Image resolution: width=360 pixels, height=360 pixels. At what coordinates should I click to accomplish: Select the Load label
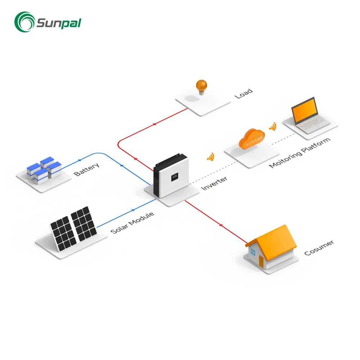pos(244,94)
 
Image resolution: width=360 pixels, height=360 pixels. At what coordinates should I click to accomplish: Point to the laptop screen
pos(304,110)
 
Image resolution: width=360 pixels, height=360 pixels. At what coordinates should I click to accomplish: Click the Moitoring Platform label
pos(300,152)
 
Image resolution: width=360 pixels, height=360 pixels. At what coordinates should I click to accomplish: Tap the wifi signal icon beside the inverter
pos(210,157)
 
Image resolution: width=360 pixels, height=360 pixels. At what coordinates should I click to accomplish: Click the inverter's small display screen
pos(175,177)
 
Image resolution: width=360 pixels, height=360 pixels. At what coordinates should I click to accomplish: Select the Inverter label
pos(214,183)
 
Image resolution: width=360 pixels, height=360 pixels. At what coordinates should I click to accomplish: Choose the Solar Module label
pos(132,223)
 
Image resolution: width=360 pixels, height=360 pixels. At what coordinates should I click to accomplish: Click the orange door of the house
pos(261,261)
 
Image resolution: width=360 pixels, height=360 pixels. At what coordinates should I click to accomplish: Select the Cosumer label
pos(319,248)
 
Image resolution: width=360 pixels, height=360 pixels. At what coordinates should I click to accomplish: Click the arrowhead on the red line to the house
pos(220,226)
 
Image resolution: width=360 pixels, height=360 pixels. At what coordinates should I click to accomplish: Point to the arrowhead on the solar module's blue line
pos(133,210)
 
